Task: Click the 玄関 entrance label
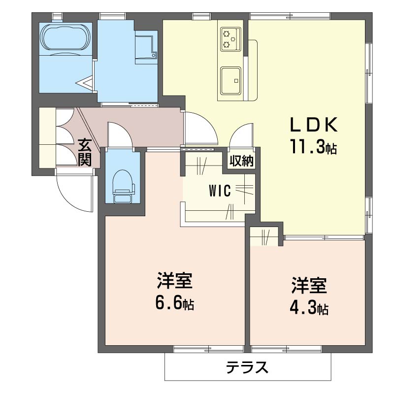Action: click(x=85, y=152)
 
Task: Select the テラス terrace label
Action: click(x=247, y=368)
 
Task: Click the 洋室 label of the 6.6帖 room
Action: click(x=174, y=281)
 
